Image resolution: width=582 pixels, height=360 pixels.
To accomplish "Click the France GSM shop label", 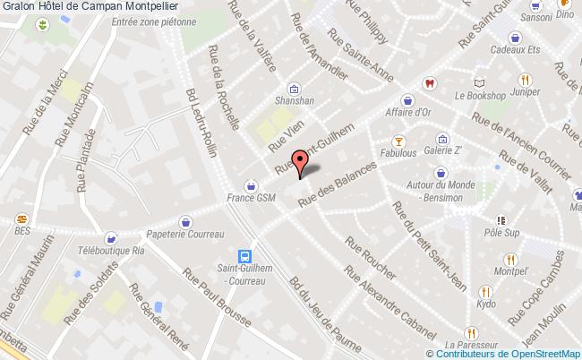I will coord(252,199).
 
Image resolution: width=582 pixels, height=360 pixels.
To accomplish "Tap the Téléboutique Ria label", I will coord(111,253).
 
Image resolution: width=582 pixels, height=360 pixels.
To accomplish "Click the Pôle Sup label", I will coord(501,232).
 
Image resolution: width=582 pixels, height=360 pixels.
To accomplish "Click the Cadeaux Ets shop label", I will coord(516,51).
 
